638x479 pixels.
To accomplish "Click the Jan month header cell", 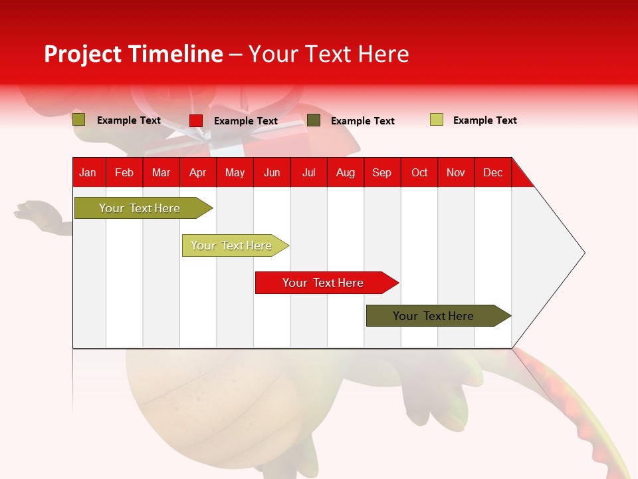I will click(x=88, y=172).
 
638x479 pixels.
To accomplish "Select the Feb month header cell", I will click(x=124, y=172).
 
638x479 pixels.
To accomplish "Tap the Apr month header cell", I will click(x=198, y=172).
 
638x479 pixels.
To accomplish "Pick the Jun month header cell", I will click(x=272, y=172).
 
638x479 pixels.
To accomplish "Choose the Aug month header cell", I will click(x=346, y=172).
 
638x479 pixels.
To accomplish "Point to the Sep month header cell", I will click(x=382, y=172).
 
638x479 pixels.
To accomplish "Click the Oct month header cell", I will click(x=419, y=172).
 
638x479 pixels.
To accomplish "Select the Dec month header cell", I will click(x=493, y=172).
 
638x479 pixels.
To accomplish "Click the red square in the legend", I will click(x=195, y=120).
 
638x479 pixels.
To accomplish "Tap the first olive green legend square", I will click(x=79, y=120).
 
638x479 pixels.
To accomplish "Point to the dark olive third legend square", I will click(x=314, y=120).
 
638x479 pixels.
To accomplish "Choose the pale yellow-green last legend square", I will click(x=436, y=120).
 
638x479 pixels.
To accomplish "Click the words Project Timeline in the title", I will click(x=133, y=54).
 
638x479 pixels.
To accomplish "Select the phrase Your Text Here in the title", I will click(x=328, y=54).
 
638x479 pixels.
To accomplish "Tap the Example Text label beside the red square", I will click(x=246, y=121).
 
